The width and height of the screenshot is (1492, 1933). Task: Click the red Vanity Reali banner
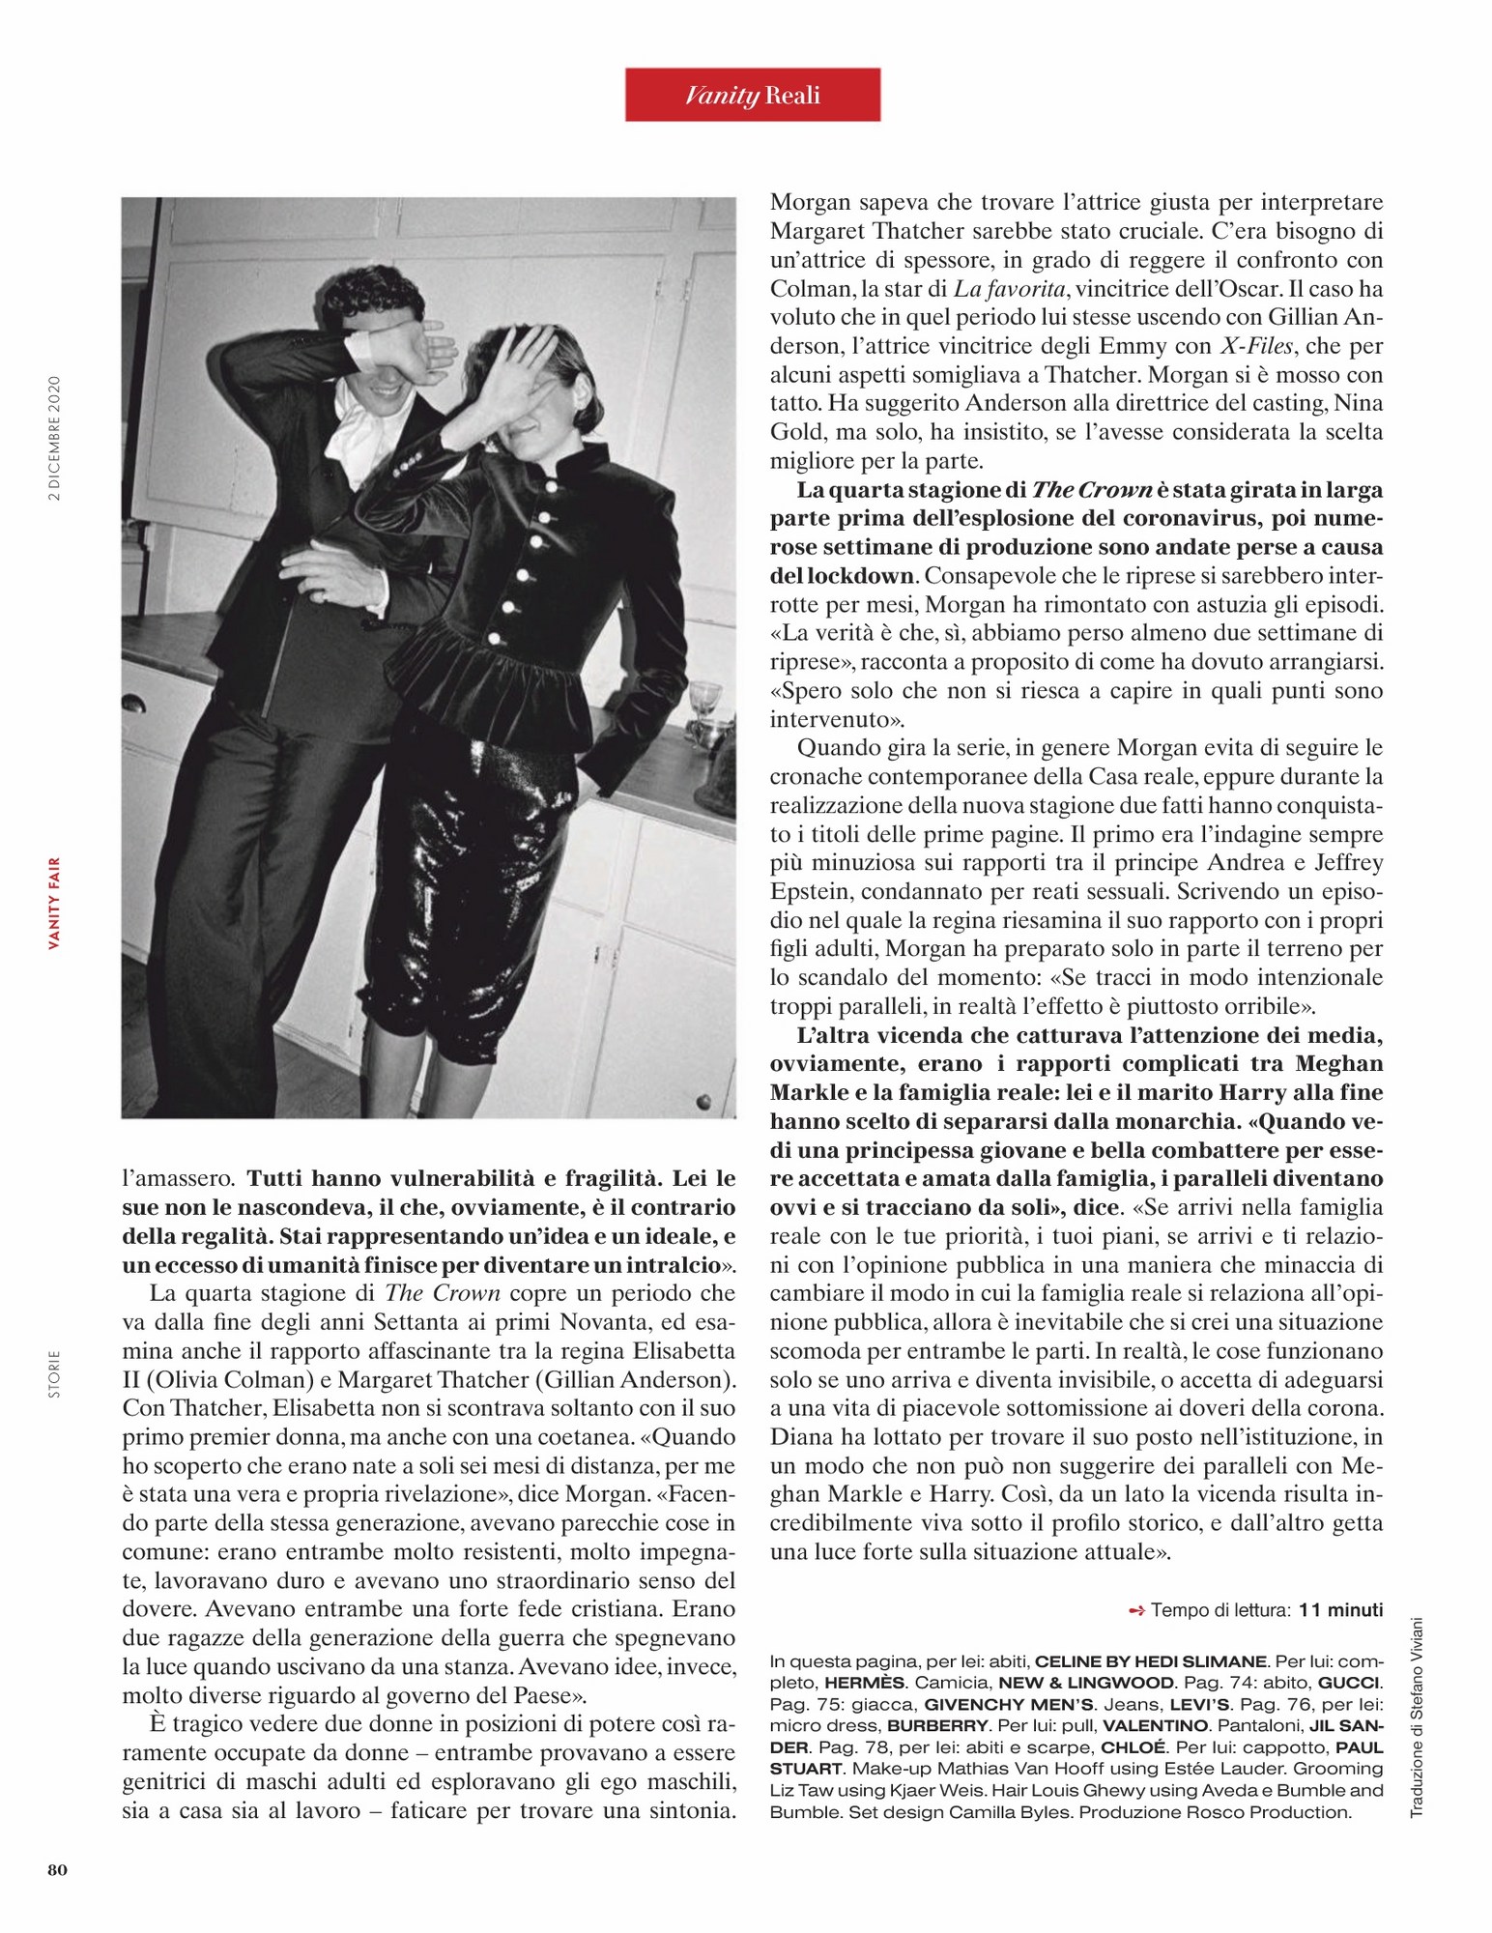point(752,95)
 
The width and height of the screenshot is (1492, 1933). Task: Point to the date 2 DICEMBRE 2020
point(55,438)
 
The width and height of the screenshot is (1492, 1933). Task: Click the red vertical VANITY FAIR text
point(55,903)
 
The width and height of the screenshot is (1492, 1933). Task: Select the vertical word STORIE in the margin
point(55,1373)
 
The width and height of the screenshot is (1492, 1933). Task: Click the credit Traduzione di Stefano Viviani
point(1418,1717)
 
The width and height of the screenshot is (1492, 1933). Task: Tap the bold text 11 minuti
point(1340,1609)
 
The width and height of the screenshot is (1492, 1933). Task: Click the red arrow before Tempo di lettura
point(1136,1610)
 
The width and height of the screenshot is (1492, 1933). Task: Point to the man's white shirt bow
point(350,428)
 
